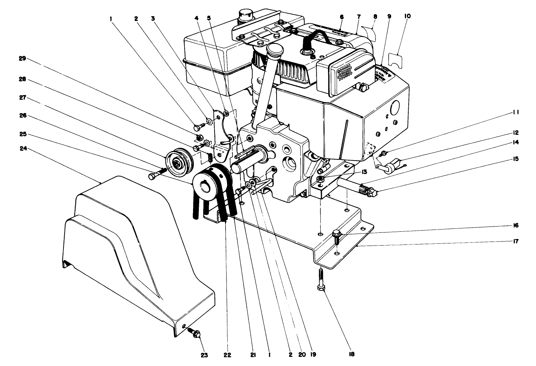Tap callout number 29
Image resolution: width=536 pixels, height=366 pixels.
23,58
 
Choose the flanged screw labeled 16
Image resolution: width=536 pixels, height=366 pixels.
338,235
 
